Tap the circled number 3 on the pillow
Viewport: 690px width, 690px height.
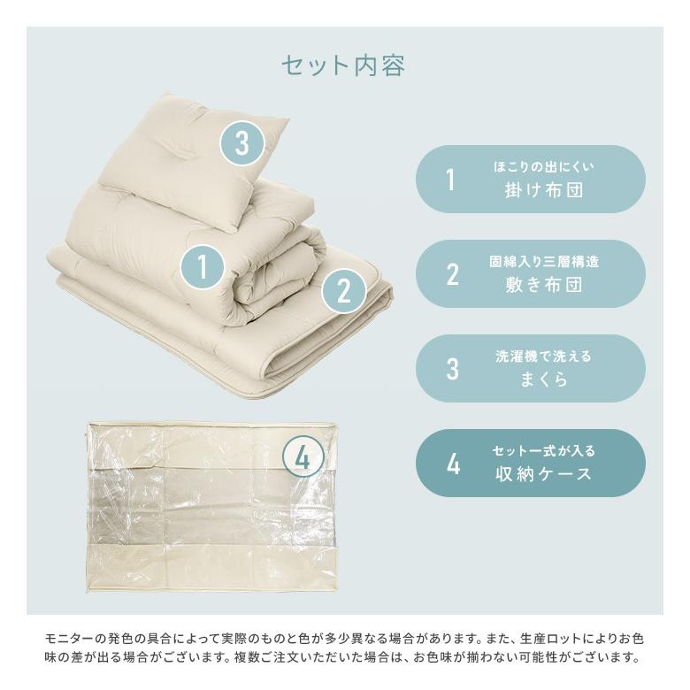(x=241, y=142)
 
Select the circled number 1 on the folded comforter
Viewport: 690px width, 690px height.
(x=203, y=267)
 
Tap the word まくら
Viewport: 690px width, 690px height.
(x=543, y=379)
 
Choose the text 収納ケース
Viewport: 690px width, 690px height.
(x=543, y=474)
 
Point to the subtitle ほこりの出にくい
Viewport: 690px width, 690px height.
(x=543, y=166)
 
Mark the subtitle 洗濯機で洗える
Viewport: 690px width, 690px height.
(x=543, y=356)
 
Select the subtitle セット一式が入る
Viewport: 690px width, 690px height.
(x=543, y=451)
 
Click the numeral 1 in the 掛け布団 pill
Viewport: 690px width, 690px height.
(x=450, y=180)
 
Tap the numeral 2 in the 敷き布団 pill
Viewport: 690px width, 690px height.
(x=452, y=274)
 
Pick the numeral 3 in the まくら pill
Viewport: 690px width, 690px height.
(x=452, y=369)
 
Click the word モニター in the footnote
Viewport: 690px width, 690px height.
(x=69, y=638)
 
